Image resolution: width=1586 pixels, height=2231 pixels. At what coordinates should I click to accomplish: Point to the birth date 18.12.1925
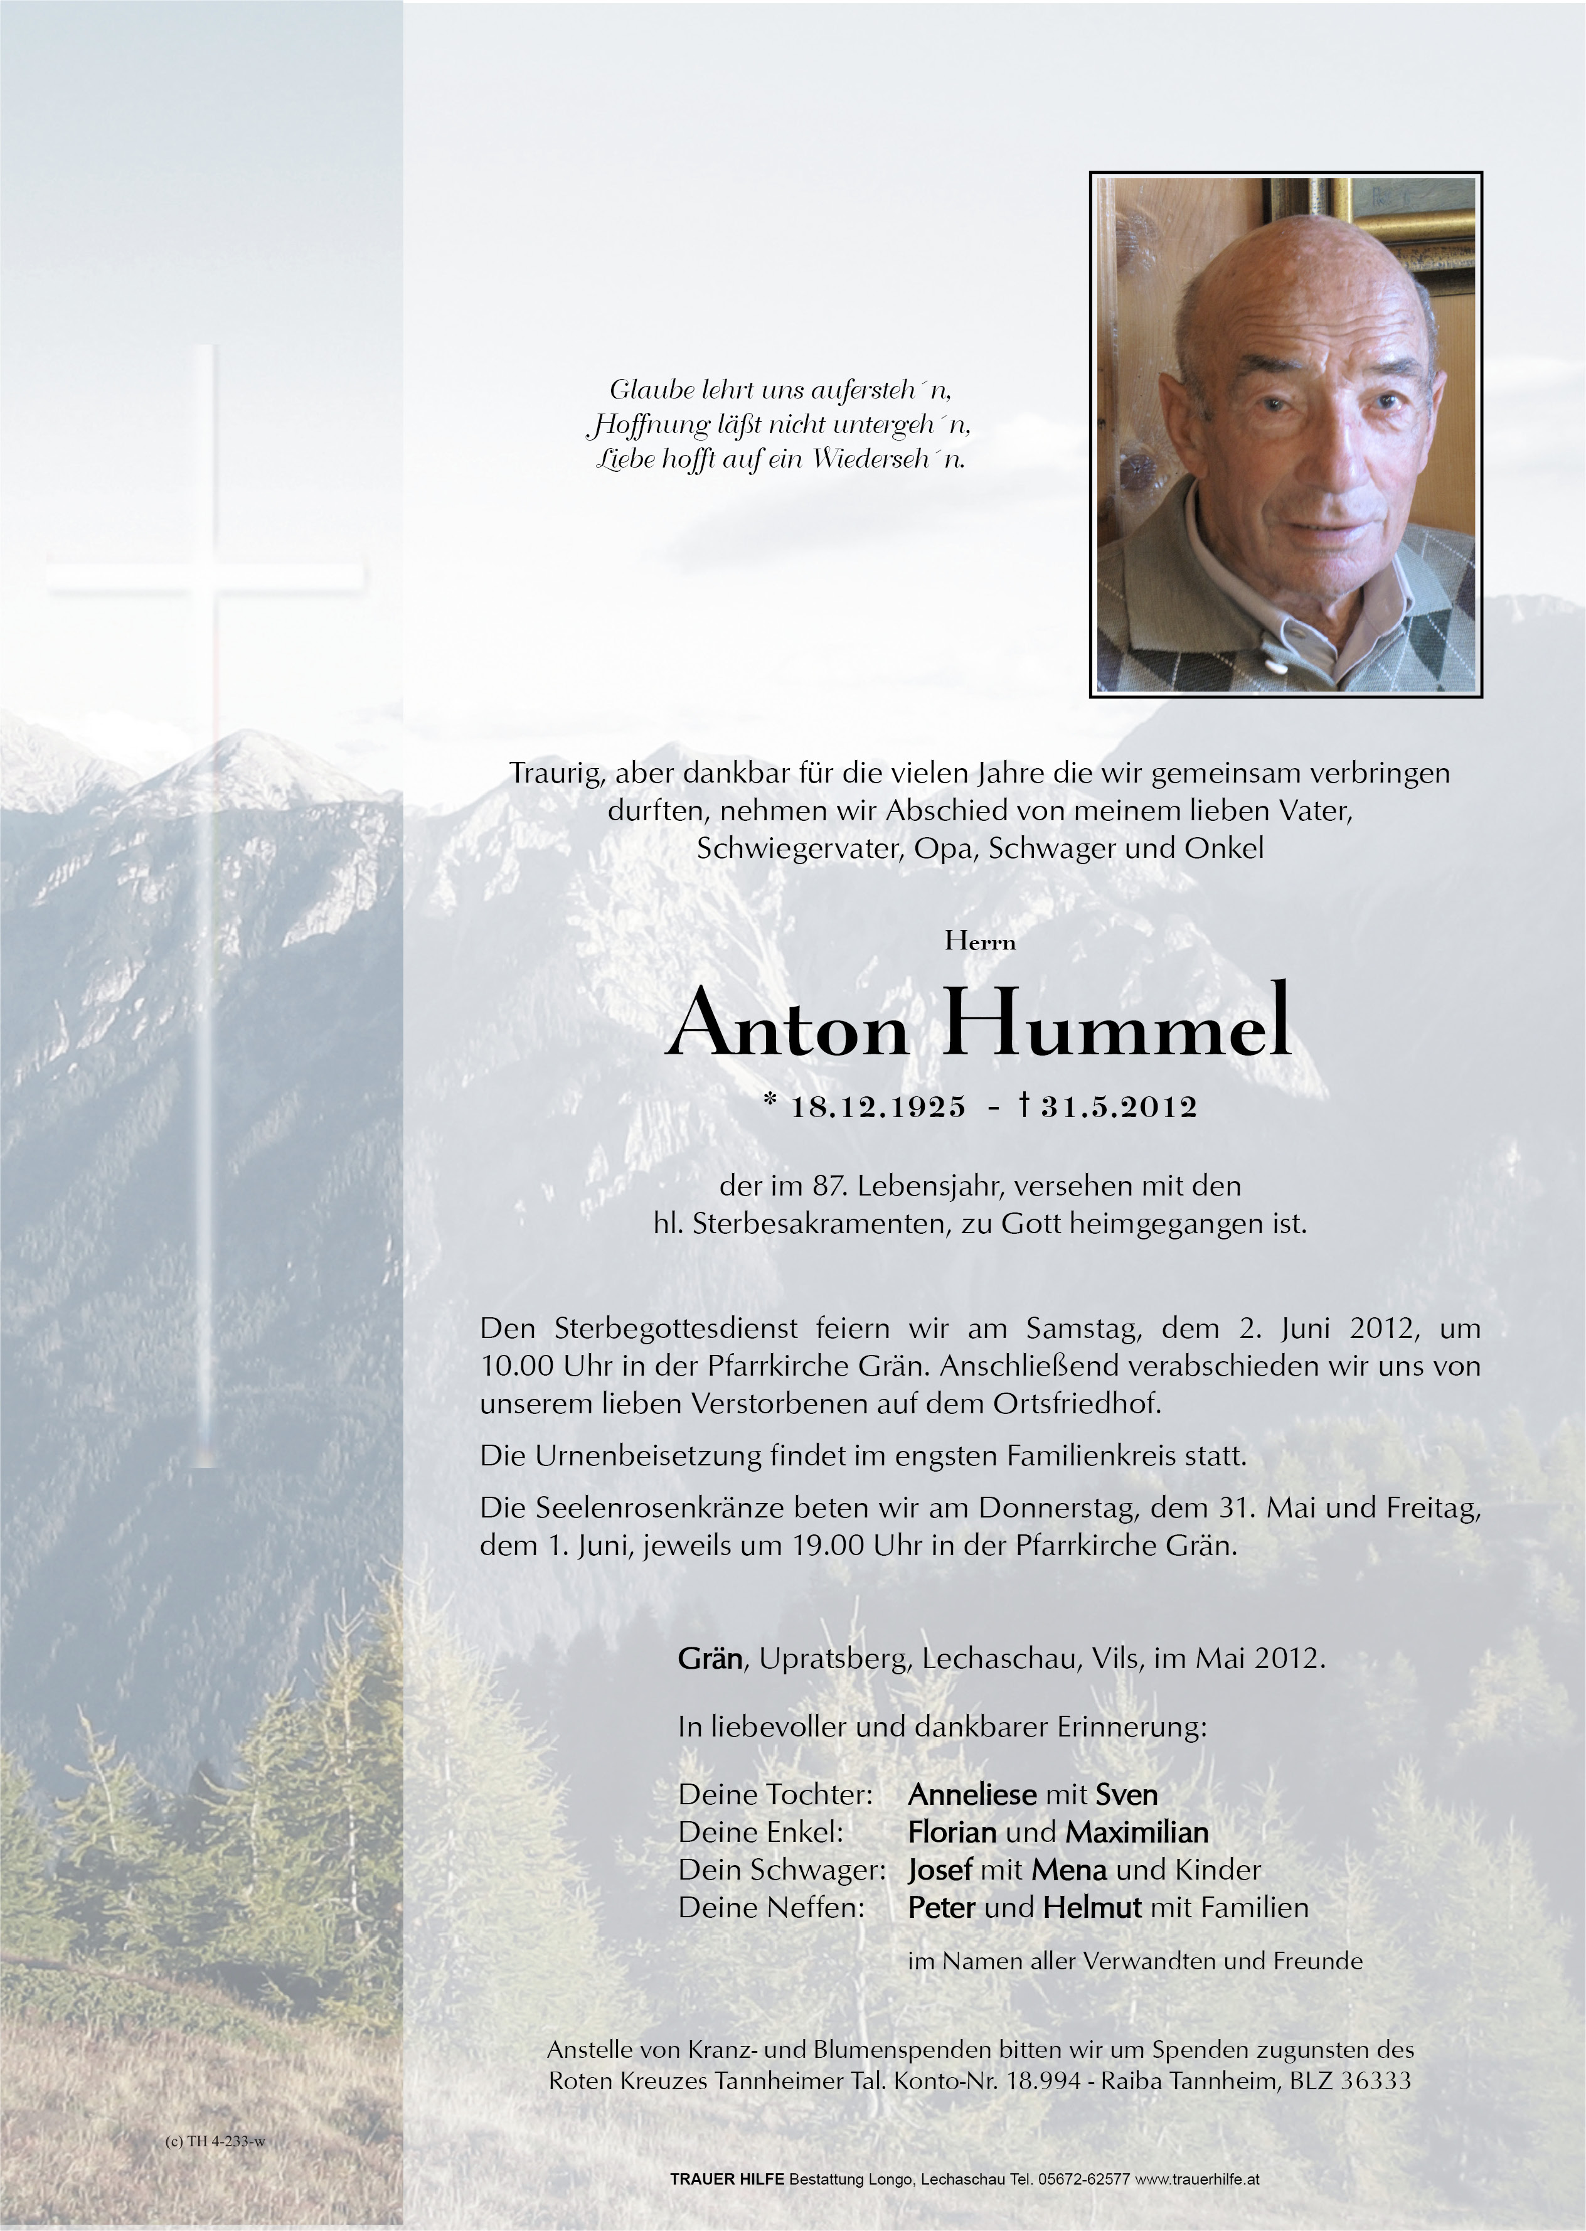[x=878, y=1106]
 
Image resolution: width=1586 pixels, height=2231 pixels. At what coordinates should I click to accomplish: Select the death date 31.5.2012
[x=1118, y=1106]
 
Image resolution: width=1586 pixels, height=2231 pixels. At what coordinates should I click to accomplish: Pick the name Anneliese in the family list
[x=972, y=1794]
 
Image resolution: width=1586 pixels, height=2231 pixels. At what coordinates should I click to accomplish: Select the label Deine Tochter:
[x=774, y=1794]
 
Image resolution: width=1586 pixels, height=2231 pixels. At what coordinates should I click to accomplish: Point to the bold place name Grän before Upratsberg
[x=710, y=1659]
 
